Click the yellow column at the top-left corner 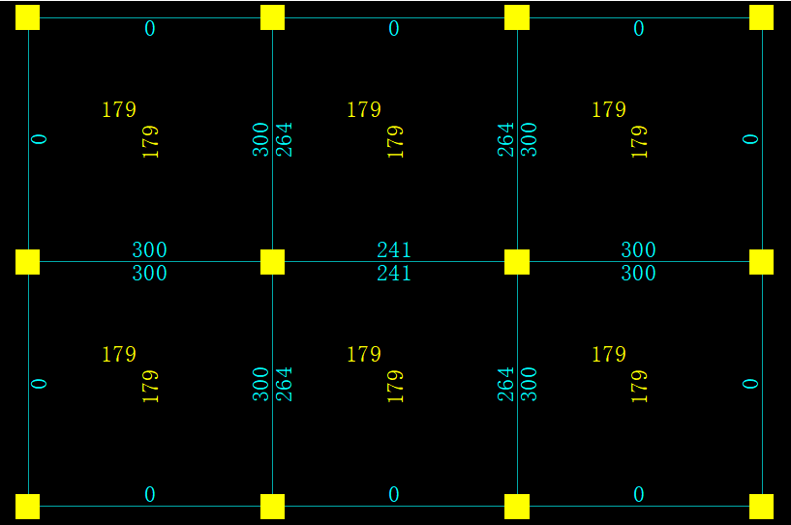[x=27, y=17]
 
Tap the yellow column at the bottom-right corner [x=762, y=507]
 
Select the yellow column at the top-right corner [x=762, y=17]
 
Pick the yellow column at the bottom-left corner [x=27, y=507]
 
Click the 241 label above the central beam [x=394, y=250]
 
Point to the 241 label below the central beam [x=394, y=274]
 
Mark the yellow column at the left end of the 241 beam [x=272, y=262]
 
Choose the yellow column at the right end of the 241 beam [x=517, y=262]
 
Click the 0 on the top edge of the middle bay [x=394, y=29]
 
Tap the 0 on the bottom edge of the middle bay [x=394, y=495]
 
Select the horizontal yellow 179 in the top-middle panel [x=364, y=110]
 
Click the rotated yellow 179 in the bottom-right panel [x=639, y=386]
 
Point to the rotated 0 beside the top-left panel [x=40, y=139]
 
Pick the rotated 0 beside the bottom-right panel [x=750, y=384]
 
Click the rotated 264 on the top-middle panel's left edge [x=285, y=139]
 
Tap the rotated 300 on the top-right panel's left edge [x=529, y=139]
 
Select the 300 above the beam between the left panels [x=150, y=250]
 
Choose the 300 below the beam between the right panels [x=639, y=274]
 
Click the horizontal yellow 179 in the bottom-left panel [x=119, y=355]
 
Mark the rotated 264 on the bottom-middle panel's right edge [x=505, y=384]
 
